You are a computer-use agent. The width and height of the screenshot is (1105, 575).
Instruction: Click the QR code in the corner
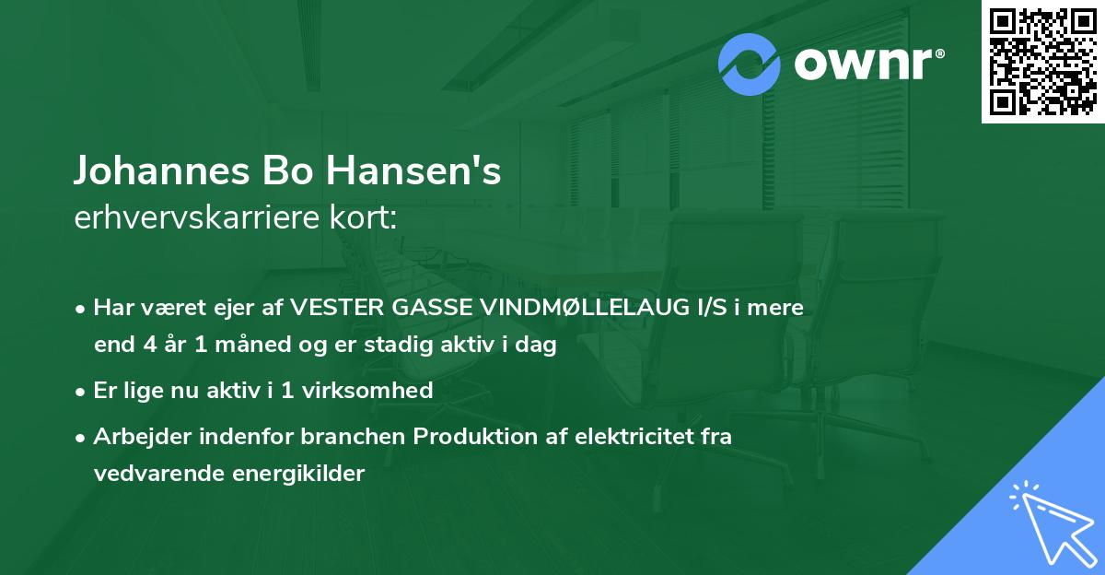[1042, 62]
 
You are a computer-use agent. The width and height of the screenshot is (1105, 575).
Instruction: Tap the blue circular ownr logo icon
[750, 64]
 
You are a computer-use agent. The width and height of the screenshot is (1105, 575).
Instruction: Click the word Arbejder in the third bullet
[135, 436]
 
